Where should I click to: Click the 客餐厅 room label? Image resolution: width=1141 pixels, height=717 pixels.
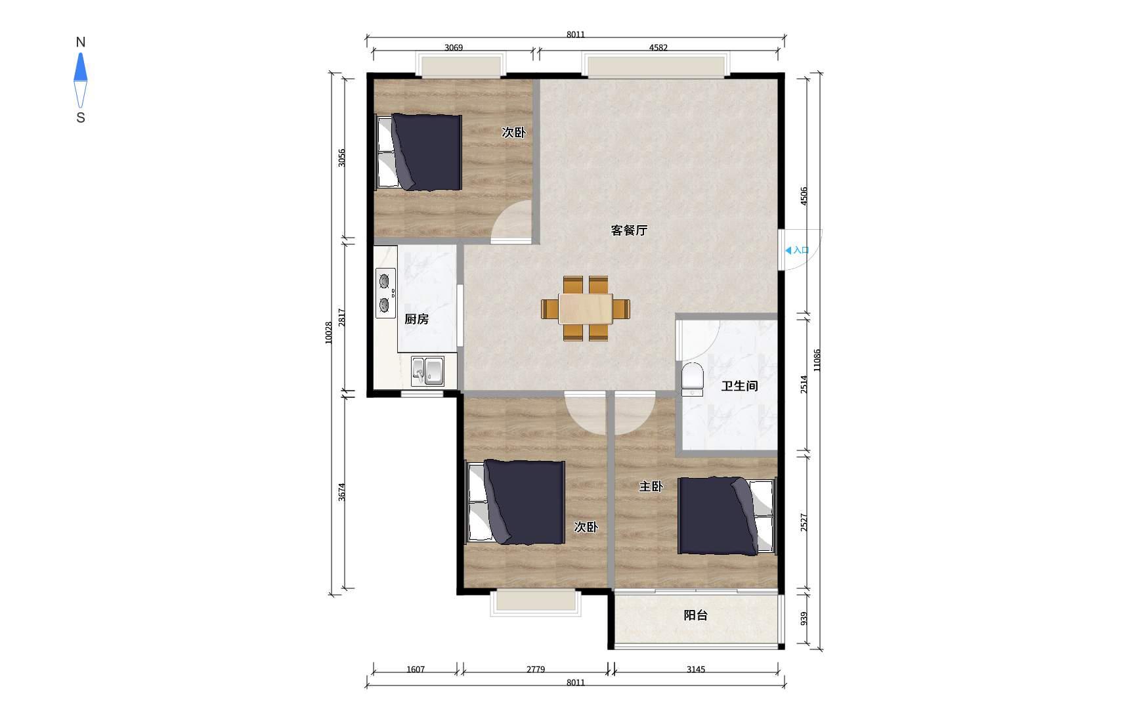[x=629, y=230]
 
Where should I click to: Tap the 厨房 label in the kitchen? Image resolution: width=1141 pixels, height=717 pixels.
[x=416, y=319]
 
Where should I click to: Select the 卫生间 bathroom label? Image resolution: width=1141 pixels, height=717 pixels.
[x=739, y=386]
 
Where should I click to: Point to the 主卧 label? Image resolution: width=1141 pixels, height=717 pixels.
[x=651, y=487]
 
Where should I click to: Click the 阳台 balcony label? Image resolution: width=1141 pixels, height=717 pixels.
[x=695, y=615]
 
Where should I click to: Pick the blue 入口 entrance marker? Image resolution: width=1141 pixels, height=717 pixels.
[x=797, y=250]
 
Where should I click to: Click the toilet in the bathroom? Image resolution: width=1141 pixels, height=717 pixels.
[x=692, y=380]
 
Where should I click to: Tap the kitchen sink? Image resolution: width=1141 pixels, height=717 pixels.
[x=427, y=371]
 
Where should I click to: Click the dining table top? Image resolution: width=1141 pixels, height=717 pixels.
[x=586, y=309]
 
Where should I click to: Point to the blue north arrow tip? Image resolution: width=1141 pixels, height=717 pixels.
[x=80, y=53]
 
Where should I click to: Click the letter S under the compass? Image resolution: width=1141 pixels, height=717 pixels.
[x=81, y=118]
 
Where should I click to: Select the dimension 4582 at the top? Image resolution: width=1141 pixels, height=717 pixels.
[x=658, y=47]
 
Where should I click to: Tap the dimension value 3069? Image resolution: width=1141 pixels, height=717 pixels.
[x=454, y=47]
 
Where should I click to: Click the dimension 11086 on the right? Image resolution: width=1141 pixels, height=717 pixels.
[x=817, y=360]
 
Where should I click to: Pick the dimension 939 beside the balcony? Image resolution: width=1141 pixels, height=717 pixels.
[x=804, y=619]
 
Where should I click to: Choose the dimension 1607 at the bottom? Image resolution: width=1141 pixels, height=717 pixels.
[x=416, y=670]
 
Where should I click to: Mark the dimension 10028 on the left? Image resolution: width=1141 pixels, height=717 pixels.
[x=329, y=332]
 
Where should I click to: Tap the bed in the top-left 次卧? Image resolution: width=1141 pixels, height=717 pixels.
[x=418, y=152]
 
